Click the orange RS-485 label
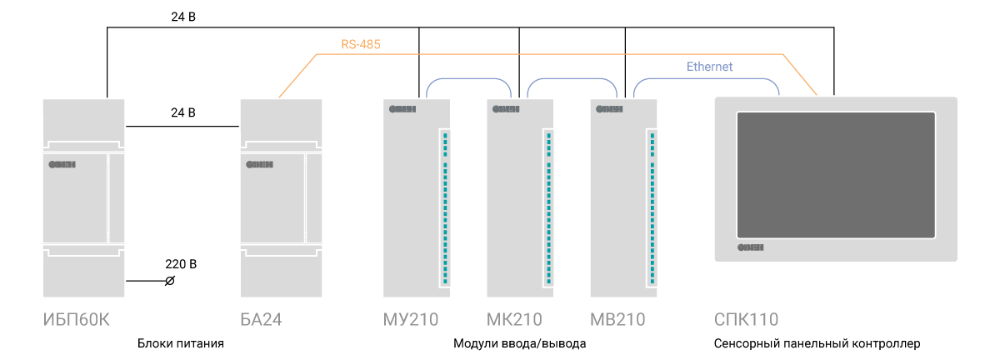tap(361, 44)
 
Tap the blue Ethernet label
tap(709, 66)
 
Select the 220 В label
tap(181, 264)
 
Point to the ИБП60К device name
tap(76, 320)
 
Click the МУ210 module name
tap(411, 320)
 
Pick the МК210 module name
tap(514, 320)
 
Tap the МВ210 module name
tap(617, 320)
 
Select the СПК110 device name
tap(747, 320)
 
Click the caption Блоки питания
tap(181, 343)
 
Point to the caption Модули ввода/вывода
tap(520, 343)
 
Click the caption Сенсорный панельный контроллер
tap(817, 343)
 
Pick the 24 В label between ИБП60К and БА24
tap(182, 112)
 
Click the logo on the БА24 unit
tap(260, 164)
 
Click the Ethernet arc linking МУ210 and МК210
tap(467, 79)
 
